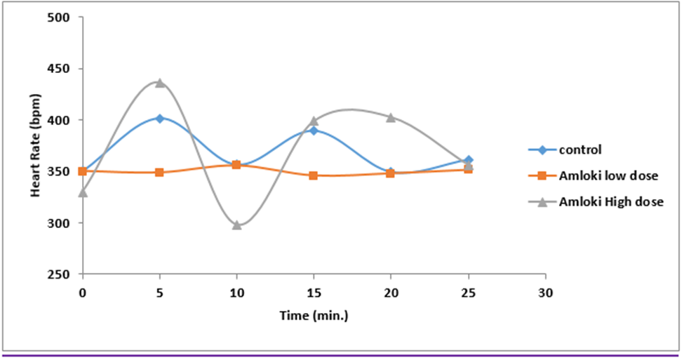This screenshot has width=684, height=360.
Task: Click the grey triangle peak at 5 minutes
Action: [x=160, y=83]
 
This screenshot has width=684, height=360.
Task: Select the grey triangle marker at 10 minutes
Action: [x=237, y=225]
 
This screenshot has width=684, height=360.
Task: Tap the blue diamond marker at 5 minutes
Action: [x=160, y=119]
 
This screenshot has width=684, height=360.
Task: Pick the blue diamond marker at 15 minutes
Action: [x=314, y=131]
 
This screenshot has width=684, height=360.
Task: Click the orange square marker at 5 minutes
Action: [x=160, y=172]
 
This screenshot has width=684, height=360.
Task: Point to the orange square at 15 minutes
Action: [x=314, y=175]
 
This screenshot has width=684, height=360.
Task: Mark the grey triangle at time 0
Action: [x=83, y=192]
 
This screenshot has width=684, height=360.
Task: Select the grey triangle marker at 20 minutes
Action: [x=391, y=117]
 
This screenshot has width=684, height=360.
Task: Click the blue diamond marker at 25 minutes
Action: [x=469, y=160]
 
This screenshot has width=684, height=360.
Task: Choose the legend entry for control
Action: [x=581, y=149]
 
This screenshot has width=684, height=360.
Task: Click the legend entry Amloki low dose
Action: [x=608, y=175]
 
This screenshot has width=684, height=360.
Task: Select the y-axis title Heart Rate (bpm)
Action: [x=36, y=145]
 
